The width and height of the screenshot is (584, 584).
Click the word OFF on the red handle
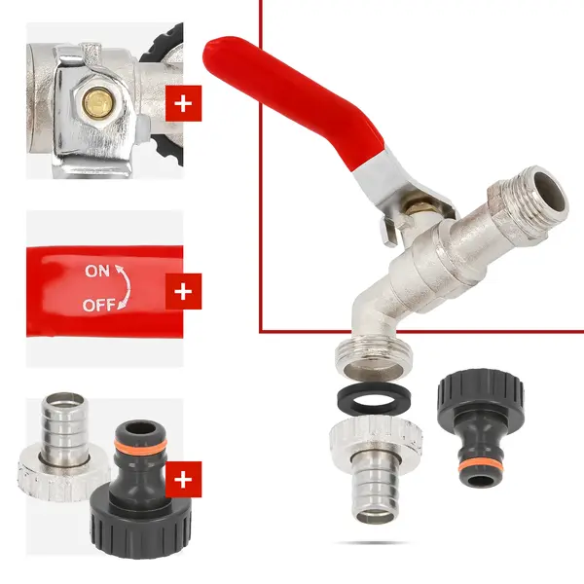pyautogui.click(x=99, y=305)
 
